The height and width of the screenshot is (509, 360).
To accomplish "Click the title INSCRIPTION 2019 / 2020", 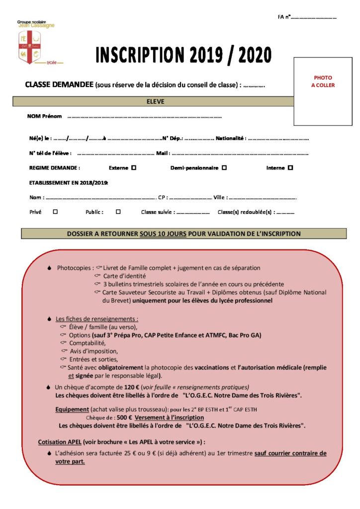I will (183, 55).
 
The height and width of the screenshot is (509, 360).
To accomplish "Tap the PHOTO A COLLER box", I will (323, 91).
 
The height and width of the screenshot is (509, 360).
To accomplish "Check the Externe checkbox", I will (134, 168).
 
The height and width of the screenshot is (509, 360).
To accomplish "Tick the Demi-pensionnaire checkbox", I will (224, 168).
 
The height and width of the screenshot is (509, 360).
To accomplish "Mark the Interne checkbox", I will (290, 168).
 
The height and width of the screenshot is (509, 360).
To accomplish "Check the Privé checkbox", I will (55, 212).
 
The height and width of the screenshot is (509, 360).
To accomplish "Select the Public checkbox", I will (118, 212).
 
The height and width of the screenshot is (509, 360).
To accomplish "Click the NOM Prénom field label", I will (45, 116).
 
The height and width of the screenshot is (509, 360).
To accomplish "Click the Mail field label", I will (163, 153).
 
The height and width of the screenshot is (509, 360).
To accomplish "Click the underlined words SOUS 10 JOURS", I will (163, 234).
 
